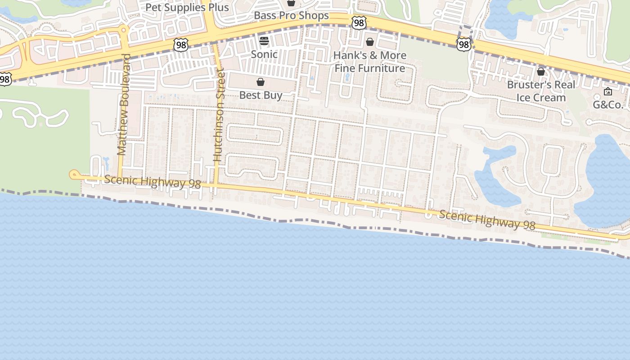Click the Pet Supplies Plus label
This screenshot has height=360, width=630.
click(x=187, y=8)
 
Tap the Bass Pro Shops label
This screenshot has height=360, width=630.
click(x=291, y=16)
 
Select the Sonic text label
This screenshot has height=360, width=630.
click(x=264, y=54)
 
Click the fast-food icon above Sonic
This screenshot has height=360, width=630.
click(x=264, y=41)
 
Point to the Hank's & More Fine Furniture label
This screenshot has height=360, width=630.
click(x=370, y=62)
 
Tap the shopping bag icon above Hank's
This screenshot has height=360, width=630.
click(x=370, y=42)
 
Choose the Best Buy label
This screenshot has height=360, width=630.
click(x=261, y=95)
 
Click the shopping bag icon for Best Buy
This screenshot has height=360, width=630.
click(x=261, y=82)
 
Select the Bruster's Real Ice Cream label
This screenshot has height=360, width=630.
click(x=541, y=91)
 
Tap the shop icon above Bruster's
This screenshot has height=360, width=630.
click(x=541, y=72)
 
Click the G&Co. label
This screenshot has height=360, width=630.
click(x=607, y=105)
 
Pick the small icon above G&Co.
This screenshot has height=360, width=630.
click(x=607, y=91)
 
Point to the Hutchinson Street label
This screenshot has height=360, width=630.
click(x=218, y=115)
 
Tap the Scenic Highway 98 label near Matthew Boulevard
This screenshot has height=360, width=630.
click(x=153, y=182)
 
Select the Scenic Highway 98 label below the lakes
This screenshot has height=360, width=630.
click(x=487, y=220)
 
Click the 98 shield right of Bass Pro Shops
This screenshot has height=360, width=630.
click(x=359, y=23)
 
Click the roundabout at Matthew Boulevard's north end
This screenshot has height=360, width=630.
click(x=124, y=30)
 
